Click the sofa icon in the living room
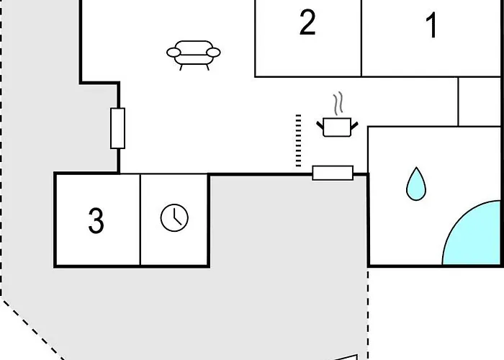click(193, 55)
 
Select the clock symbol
click(174, 217)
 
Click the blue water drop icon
click(416, 184)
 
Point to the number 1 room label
click(432, 25)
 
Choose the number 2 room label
click(307, 22)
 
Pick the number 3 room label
click(96, 220)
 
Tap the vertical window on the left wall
click(117, 128)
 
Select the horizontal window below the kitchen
click(333, 173)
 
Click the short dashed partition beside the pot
click(298, 140)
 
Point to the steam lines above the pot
click(338, 104)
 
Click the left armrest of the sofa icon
click(174, 52)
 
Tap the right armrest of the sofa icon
click(213, 52)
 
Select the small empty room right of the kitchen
click(480, 102)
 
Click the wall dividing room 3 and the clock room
click(140, 220)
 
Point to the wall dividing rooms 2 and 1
click(361, 38)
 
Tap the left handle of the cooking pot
click(320, 126)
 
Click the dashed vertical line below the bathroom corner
click(368, 313)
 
